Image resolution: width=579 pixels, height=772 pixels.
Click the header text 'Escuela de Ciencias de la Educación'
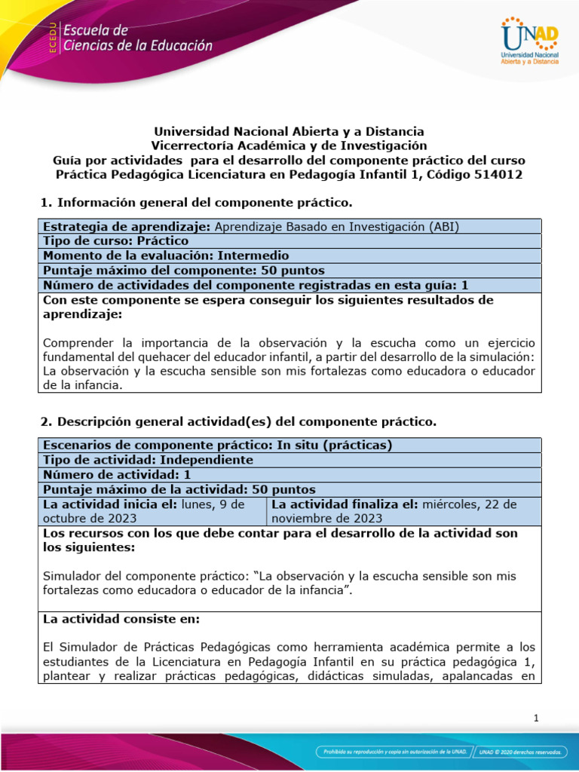137,38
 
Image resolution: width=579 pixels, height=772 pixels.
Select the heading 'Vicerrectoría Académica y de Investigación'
289,146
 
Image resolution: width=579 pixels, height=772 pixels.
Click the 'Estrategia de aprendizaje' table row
289,226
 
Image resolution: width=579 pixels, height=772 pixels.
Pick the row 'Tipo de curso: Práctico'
289,241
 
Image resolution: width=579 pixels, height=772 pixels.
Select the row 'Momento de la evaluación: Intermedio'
289,256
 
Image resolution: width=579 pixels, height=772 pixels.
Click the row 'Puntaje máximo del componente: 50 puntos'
289,270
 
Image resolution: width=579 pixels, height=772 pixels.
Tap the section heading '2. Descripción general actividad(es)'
237,421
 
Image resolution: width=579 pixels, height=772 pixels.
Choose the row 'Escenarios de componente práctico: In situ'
289,445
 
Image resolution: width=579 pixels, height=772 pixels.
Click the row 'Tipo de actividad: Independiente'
289,460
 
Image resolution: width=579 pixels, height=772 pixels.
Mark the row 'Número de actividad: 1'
289,475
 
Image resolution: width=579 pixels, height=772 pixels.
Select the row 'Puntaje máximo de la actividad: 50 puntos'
289,489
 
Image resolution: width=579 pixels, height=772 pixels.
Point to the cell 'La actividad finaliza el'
403,511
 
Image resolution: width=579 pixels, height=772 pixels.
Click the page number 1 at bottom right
535,718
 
